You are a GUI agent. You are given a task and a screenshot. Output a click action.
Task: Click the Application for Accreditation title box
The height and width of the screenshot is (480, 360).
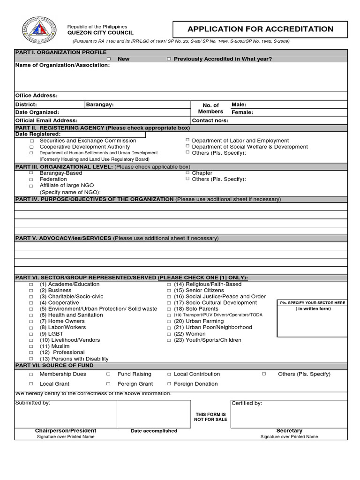tap(260, 29)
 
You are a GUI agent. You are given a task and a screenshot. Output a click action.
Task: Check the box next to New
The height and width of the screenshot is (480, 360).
tap(109, 59)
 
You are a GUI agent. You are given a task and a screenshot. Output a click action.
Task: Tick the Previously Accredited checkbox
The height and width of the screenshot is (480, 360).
tap(169, 59)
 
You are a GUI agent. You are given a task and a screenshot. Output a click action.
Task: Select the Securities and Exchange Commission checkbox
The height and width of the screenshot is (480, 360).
tap(32, 141)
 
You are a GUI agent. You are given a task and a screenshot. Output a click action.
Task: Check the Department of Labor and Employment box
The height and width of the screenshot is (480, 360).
tap(187, 140)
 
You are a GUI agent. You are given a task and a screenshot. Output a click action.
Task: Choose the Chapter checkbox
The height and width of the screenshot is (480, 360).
tap(187, 172)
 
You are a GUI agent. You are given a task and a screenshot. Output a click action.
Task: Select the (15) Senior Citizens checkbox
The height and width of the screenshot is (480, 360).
tap(169, 291)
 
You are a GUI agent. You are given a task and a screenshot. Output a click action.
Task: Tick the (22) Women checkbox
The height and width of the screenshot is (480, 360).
tap(169, 334)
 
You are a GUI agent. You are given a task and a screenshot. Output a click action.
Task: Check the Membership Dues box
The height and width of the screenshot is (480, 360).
tap(31, 375)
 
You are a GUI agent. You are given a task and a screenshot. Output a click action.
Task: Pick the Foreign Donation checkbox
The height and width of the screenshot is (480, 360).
tap(169, 384)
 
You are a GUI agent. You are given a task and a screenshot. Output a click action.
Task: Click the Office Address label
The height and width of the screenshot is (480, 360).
tap(37, 96)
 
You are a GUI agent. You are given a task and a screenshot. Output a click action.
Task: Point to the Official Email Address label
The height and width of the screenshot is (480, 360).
tap(45, 120)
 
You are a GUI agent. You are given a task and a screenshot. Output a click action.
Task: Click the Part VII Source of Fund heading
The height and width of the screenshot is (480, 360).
tap(54, 366)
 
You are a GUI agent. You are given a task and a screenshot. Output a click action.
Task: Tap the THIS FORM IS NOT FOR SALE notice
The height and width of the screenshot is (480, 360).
tap(210, 417)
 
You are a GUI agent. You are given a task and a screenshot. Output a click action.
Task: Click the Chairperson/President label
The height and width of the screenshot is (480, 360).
tap(66, 431)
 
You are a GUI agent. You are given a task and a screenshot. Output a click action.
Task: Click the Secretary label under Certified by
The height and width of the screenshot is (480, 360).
tap(289, 431)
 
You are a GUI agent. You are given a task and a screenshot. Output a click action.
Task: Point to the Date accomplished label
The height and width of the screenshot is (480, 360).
tap(154, 431)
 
